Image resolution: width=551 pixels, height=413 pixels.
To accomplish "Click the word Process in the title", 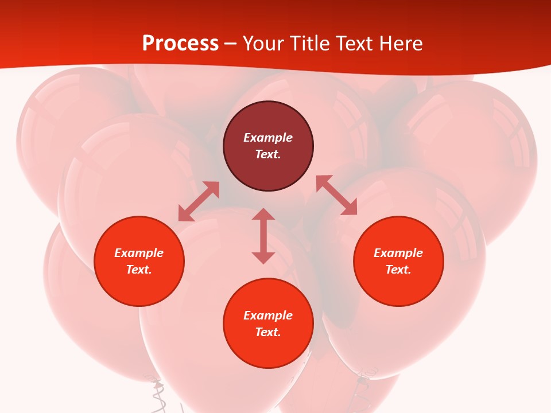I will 180,44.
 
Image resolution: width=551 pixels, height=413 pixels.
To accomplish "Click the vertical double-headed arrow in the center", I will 263,236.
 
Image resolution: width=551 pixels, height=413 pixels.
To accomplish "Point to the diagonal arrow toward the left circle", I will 199,201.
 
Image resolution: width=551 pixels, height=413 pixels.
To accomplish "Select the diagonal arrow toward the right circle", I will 336,195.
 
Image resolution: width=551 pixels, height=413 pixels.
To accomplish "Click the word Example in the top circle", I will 268,138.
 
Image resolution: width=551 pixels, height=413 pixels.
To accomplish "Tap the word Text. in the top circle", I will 268,154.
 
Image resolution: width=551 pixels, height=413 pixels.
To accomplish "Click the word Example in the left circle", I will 139,253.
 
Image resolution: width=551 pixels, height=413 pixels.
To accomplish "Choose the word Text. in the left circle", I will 139,270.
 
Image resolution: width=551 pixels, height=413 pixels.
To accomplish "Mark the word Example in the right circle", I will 398,253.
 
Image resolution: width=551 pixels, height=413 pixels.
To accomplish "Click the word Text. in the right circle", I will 398,270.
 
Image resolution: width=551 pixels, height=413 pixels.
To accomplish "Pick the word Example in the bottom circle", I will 268,315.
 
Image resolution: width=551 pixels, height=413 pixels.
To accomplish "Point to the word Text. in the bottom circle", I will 268,332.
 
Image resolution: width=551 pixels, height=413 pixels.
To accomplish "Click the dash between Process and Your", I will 231,44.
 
